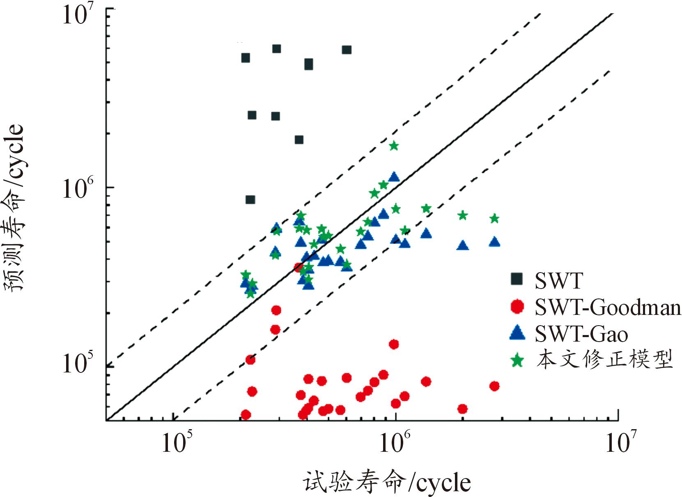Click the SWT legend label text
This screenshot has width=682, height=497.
pos(559,281)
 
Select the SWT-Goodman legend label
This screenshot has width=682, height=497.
pos(608,307)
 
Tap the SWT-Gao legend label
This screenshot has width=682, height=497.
pos(581,334)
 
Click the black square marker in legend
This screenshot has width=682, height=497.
pos(517,279)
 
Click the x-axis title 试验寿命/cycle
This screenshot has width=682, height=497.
pos(387,482)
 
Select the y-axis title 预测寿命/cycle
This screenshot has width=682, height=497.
pos(15,208)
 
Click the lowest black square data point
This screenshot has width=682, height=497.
pos(250,200)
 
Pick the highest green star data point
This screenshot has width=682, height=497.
pos(394,146)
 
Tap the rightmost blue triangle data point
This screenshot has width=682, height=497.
pos(494,242)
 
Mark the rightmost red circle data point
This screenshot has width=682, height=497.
pos(494,386)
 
